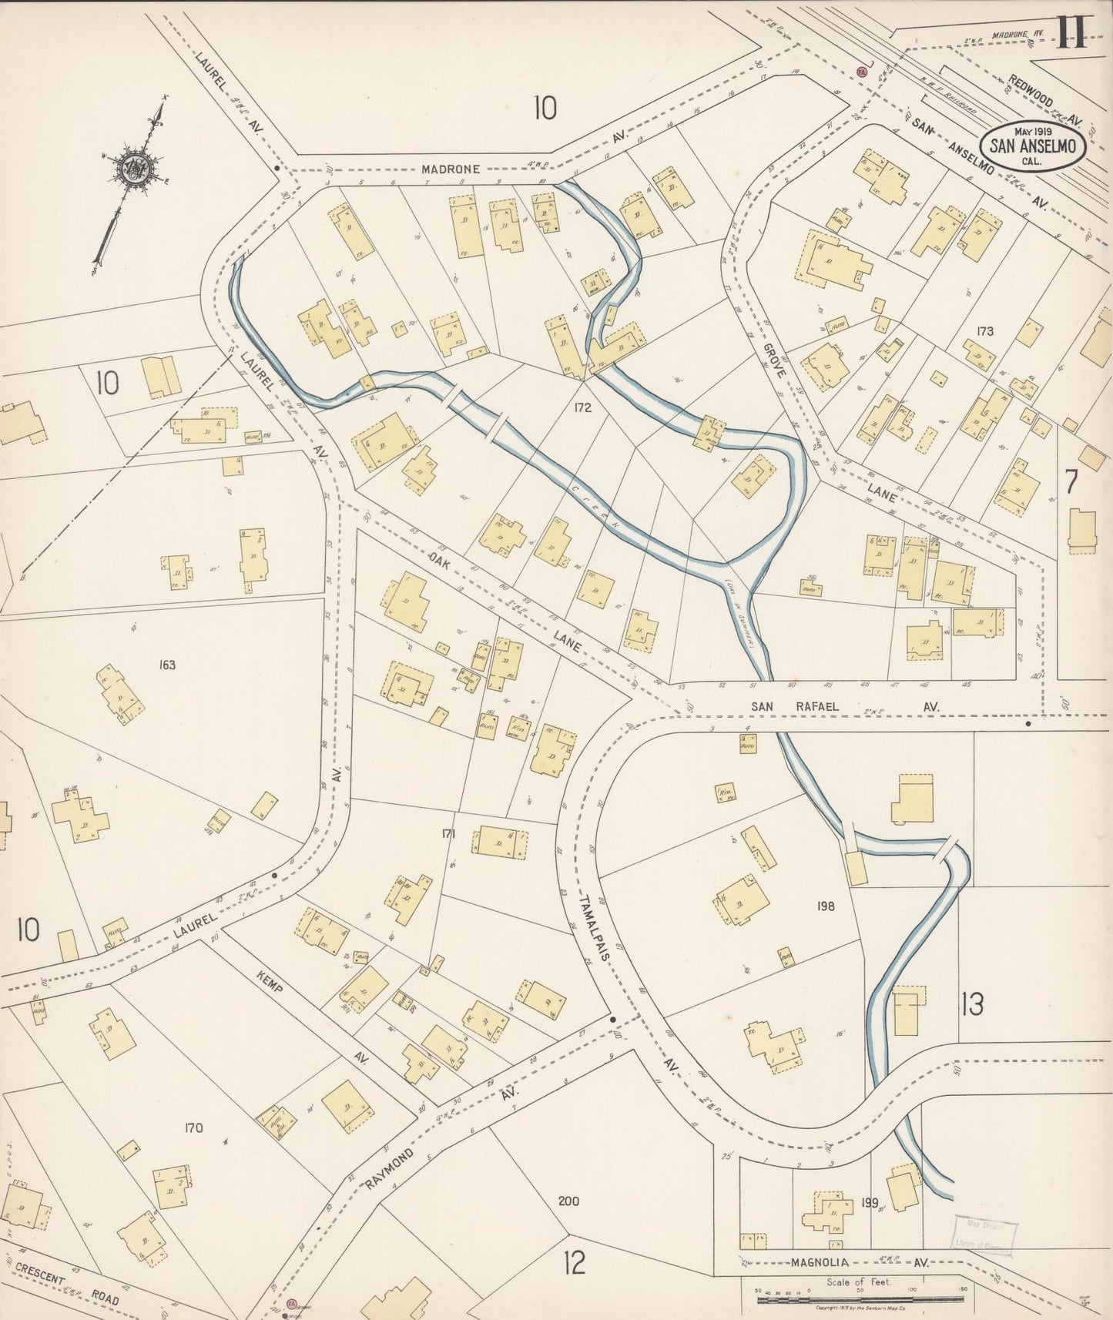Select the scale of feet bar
point(858,1300)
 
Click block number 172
point(582,407)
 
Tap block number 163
point(166,664)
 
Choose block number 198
point(826,906)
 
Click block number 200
point(568,1201)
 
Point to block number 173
point(984,331)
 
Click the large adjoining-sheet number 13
point(972,1004)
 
